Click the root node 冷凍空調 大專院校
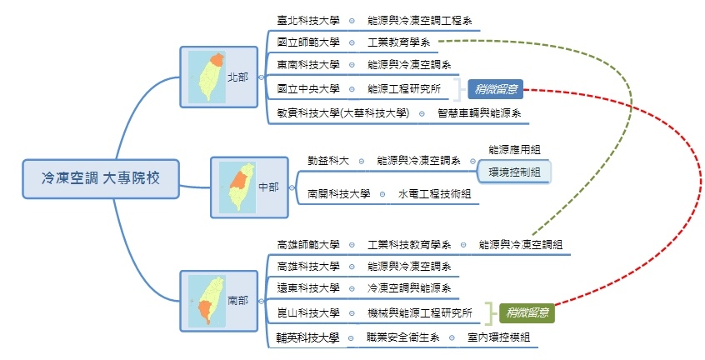(x=100, y=177)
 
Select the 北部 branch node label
(x=237, y=77)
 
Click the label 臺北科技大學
(x=308, y=19)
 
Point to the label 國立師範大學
(x=308, y=42)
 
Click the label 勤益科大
(x=327, y=159)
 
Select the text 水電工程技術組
(x=434, y=193)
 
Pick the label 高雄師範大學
(x=308, y=244)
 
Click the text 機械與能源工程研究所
(x=419, y=313)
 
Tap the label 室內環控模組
(x=497, y=337)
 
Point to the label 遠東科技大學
(x=308, y=288)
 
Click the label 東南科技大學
(x=308, y=65)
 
